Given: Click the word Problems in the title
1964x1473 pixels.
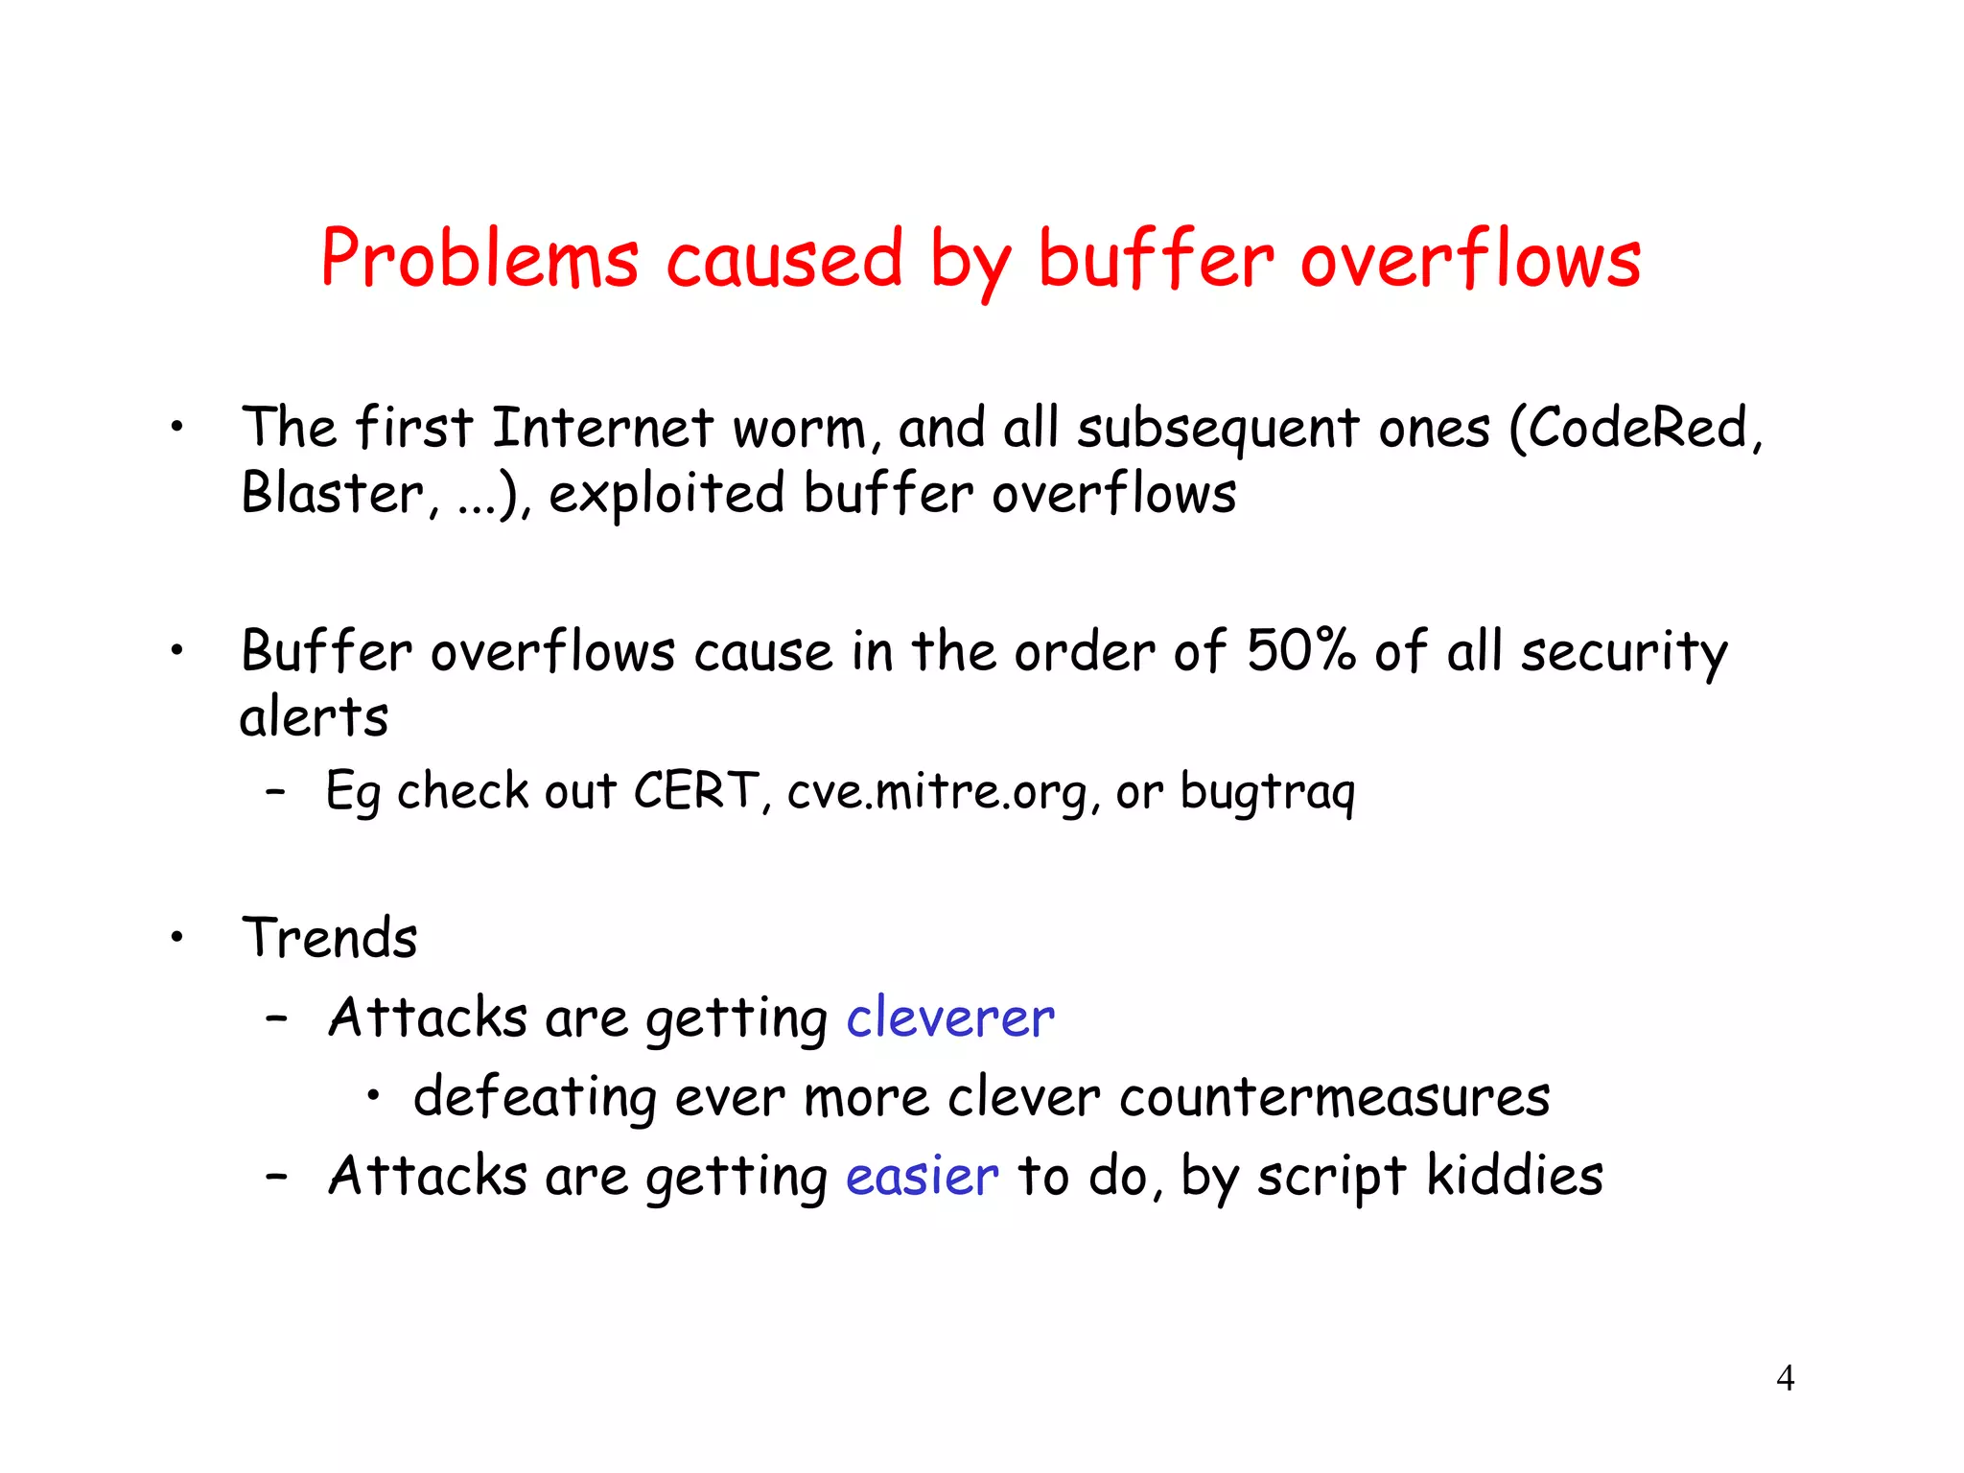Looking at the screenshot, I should pyautogui.click(x=479, y=259).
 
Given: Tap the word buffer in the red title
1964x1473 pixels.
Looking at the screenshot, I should pyautogui.click(x=1156, y=259).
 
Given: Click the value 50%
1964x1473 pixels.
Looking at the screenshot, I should pyautogui.click(x=1301, y=651).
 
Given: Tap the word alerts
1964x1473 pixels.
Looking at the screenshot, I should pyautogui.click(x=314, y=717).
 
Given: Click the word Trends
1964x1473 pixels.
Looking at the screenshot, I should pyautogui.click(x=330, y=938).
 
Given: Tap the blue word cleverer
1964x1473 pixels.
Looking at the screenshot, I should pyautogui.click(x=950, y=1017).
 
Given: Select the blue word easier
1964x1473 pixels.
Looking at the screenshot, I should pyautogui.click(x=922, y=1177).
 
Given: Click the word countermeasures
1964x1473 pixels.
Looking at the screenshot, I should pyautogui.click(x=1334, y=1097).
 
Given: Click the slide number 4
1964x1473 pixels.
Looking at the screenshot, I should pyautogui.click(x=1785, y=1378).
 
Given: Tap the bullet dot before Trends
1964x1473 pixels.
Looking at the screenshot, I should pyautogui.click(x=176, y=937).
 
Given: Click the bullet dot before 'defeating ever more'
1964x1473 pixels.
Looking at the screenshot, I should pyautogui.click(x=374, y=1095).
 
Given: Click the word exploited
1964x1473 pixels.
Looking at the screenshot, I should pyautogui.click(x=666, y=494).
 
